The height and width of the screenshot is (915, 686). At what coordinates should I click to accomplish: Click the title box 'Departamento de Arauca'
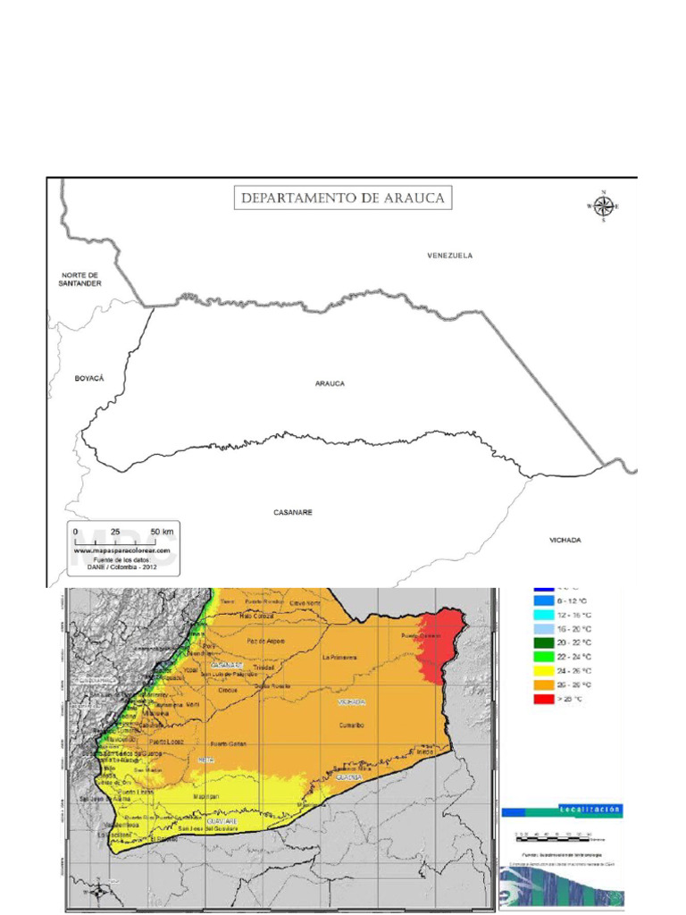tap(342, 197)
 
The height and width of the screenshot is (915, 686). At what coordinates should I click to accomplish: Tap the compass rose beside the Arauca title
tap(603, 206)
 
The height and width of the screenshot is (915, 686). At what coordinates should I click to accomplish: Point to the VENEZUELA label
tap(449, 256)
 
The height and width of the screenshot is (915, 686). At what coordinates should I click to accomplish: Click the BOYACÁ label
tap(89, 379)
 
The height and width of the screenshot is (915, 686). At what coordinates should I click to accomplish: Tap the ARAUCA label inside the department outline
tap(330, 383)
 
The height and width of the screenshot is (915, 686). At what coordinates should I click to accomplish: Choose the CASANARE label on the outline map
tap(293, 513)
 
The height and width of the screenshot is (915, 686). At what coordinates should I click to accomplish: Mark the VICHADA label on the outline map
tap(565, 540)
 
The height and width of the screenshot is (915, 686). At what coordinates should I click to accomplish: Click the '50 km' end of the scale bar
tap(162, 532)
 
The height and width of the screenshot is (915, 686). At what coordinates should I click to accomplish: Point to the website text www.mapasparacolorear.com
tap(121, 551)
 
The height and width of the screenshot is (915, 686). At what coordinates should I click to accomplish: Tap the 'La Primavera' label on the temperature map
tap(340, 658)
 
